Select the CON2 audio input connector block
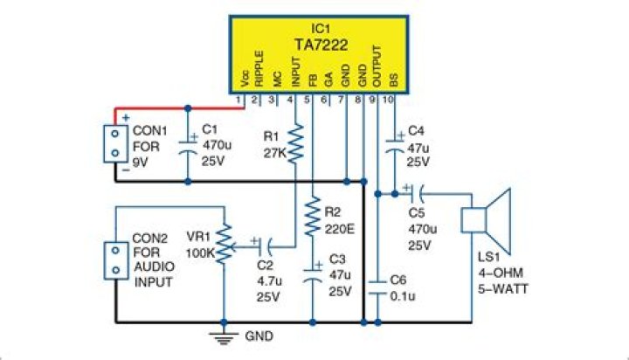114,260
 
